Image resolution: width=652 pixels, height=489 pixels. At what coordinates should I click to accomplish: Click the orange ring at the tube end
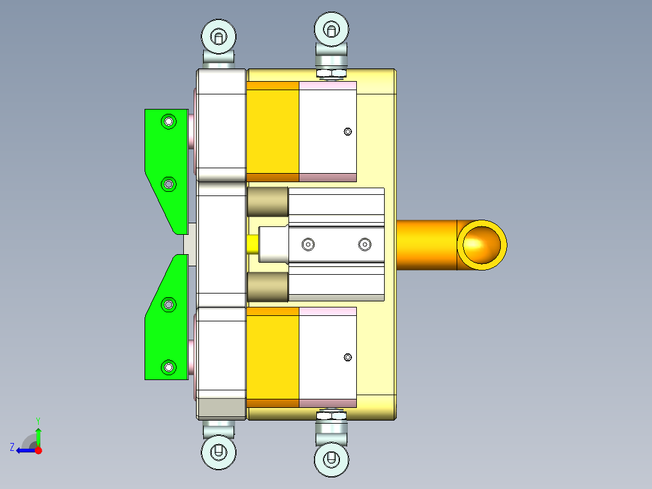pos(481,244)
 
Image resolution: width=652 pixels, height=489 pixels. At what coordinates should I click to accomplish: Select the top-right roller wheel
pos(331,28)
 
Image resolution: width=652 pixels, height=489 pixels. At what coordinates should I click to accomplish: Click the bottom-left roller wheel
pos(218,451)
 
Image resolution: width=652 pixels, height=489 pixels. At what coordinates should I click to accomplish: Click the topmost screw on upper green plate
pos(168,122)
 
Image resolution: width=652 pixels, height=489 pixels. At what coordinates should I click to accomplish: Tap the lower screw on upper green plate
pos(169,183)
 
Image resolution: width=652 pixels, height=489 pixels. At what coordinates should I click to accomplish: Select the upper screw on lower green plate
pos(169,304)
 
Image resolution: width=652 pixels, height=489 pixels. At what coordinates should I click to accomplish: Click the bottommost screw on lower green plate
pos(168,366)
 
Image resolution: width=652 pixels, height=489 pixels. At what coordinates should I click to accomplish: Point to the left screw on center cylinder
pos(308,244)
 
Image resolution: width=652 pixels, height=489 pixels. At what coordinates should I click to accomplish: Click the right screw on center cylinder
pos(364,244)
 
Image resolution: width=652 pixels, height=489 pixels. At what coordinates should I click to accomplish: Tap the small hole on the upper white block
pos(347,131)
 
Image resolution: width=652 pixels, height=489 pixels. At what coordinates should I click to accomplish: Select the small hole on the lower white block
pos(347,357)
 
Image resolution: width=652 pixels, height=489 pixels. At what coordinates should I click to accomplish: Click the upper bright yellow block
pos(273,131)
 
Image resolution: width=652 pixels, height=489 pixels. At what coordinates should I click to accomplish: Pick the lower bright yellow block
pos(273,357)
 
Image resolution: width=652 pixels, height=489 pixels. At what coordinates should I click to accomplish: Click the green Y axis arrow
pos(38,434)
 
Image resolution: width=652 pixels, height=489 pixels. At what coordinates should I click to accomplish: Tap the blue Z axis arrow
pos(24,450)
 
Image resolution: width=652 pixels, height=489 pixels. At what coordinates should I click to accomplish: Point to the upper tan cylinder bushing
pos(267,202)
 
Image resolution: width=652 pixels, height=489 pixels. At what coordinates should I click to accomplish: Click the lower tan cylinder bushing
pos(267,287)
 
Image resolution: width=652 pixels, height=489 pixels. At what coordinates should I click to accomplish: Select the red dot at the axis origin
pos(39,450)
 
